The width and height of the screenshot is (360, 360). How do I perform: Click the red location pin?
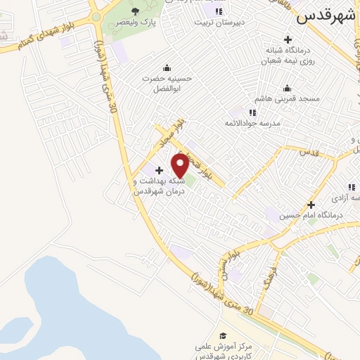180,165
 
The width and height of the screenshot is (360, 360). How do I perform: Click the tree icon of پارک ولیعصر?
135,11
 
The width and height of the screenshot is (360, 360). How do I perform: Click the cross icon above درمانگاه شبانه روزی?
287,39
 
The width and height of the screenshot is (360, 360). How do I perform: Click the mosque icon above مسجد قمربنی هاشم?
286,88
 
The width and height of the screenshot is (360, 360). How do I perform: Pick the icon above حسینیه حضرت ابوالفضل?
167,67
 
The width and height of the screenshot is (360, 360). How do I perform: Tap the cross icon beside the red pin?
159,170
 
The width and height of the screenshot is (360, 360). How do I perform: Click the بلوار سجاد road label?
169,132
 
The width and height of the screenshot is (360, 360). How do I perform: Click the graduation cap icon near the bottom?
223,335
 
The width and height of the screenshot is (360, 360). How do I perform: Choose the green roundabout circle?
96,15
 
